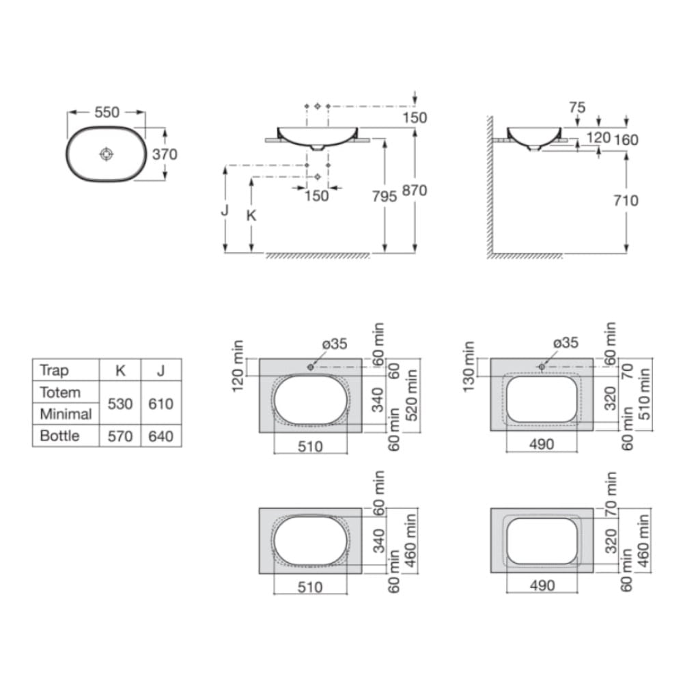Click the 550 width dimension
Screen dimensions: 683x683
(x=107, y=113)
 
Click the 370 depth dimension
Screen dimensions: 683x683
(x=165, y=154)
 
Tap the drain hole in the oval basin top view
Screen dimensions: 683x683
(x=107, y=154)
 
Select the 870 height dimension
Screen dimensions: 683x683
(x=415, y=191)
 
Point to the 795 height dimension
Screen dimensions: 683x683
(x=384, y=197)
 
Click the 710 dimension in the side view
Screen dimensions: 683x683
(x=626, y=200)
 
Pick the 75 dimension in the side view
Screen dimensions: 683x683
(x=577, y=107)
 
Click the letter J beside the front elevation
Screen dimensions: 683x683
(x=225, y=210)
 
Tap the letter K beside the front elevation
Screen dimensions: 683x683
(x=251, y=216)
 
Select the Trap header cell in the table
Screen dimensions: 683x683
(x=55, y=370)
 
